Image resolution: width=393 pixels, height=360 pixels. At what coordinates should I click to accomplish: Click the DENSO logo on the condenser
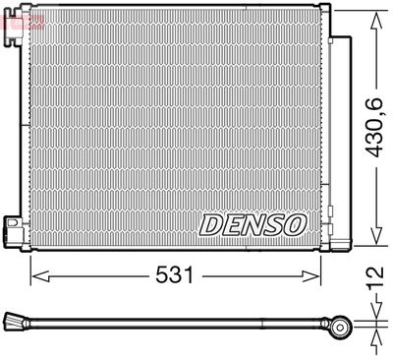pos(253,225)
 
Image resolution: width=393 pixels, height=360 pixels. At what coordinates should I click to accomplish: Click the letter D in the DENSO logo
pos(212,225)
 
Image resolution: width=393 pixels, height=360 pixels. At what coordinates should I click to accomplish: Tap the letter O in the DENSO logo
pos(295,225)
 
